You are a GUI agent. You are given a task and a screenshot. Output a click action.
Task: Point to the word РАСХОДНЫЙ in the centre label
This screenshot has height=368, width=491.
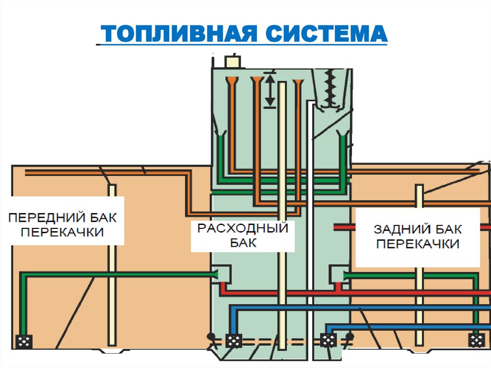[x=243, y=228]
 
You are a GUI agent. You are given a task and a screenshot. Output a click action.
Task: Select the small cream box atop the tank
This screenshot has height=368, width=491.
[x=233, y=62]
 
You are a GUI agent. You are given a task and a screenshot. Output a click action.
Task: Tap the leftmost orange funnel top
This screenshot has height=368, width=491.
[x=232, y=78]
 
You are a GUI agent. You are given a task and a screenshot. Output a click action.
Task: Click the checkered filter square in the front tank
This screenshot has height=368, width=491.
[x=24, y=341]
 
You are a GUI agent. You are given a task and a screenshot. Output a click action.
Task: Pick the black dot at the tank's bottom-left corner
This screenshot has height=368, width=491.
[x=210, y=336]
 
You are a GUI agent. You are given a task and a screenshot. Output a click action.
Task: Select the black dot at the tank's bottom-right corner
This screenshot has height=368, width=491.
[x=351, y=336]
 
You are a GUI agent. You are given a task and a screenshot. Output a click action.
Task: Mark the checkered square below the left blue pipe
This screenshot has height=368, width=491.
[x=234, y=341]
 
